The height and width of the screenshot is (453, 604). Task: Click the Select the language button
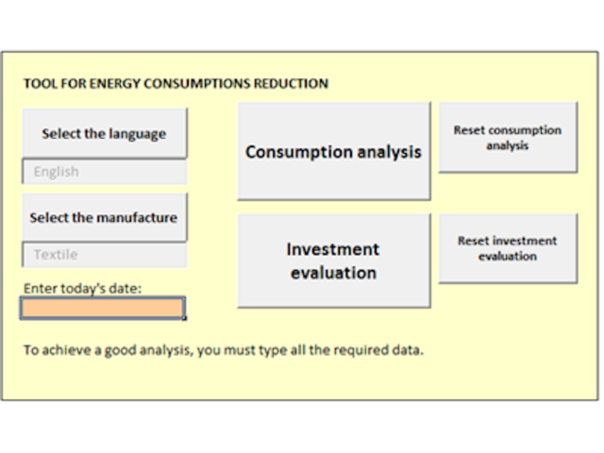pyautogui.click(x=105, y=133)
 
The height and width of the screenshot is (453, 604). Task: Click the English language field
pyautogui.click(x=105, y=172)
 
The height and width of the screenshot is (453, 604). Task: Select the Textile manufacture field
pyautogui.click(x=105, y=255)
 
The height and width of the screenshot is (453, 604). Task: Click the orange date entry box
pyautogui.click(x=102, y=308)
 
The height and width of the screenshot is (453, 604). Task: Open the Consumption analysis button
pyautogui.click(x=334, y=151)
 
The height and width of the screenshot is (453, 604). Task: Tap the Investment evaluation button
pyautogui.click(x=334, y=260)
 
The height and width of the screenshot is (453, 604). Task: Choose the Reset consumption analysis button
pyautogui.click(x=508, y=137)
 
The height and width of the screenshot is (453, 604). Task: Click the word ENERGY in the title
pyautogui.click(x=115, y=84)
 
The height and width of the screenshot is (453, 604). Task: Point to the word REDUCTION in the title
pyautogui.click(x=291, y=84)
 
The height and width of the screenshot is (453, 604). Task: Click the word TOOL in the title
pyautogui.click(x=41, y=84)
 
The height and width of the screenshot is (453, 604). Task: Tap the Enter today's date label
pyautogui.click(x=83, y=289)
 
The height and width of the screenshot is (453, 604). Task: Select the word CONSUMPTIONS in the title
pyautogui.click(x=197, y=84)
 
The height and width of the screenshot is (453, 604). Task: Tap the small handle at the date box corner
pyautogui.click(x=185, y=318)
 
